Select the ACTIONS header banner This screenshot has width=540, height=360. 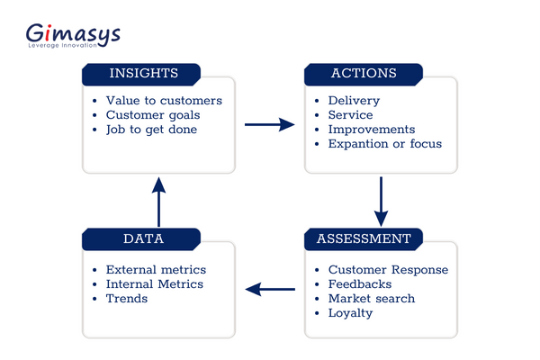click(x=363, y=73)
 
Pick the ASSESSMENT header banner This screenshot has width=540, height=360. click(x=363, y=238)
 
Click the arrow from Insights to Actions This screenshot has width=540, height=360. click(x=270, y=124)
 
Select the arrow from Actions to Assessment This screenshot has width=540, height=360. click(x=381, y=200)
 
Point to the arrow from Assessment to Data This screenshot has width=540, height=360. click(x=270, y=289)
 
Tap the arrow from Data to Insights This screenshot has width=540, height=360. click(x=158, y=202)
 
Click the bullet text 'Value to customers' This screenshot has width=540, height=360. click(x=164, y=101)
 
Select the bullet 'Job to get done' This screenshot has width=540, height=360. click(x=151, y=130)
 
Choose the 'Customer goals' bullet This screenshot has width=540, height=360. click(x=153, y=115)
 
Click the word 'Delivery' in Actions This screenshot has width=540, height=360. click(x=354, y=101)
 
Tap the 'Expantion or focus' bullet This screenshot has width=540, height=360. click(x=385, y=144)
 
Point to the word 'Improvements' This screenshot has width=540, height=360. click(x=372, y=130)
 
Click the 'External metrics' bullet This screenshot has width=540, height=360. click(x=156, y=270)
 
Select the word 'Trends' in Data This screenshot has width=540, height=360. click(x=127, y=299)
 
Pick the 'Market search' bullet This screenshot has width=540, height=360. click(x=372, y=299)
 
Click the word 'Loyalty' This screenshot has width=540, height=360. click(x=350, y=313)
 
